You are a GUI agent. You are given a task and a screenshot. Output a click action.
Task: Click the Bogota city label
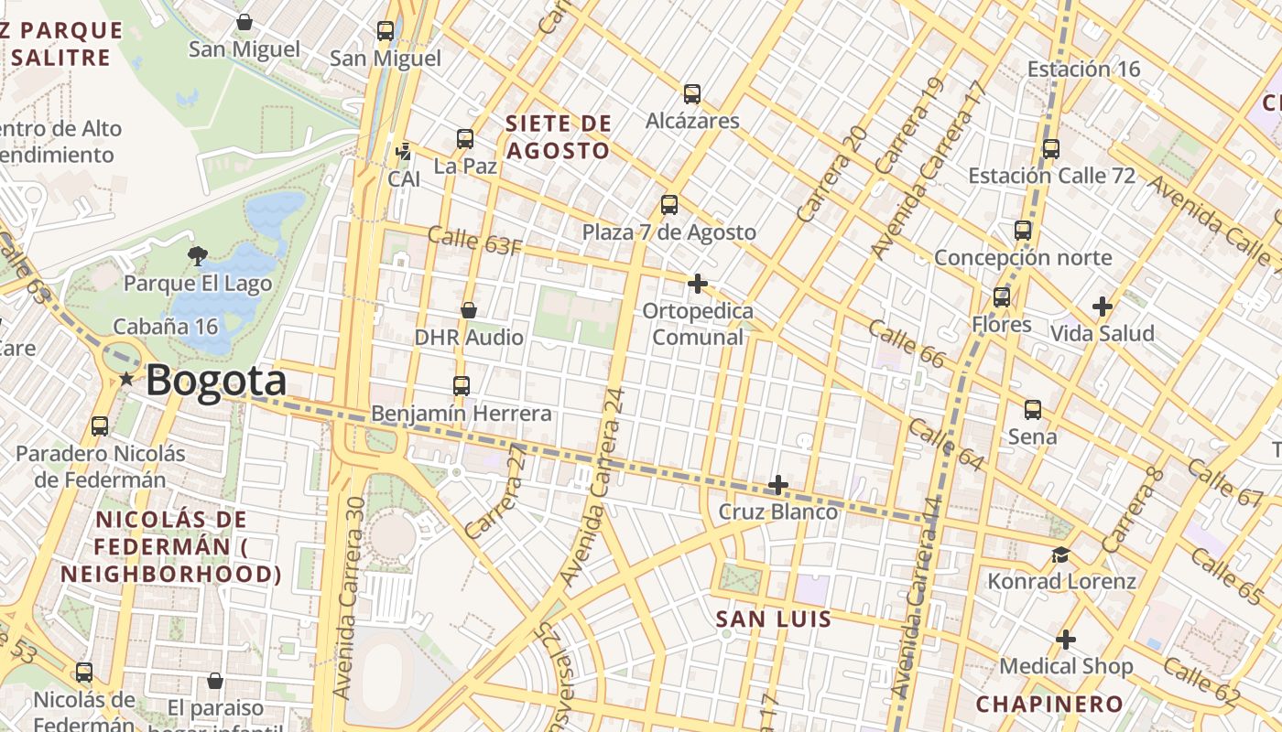(x=216, y=381)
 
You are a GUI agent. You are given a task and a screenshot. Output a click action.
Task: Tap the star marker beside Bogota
(x=125, y=379)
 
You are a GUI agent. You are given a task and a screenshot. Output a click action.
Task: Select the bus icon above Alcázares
(x=692, y=93)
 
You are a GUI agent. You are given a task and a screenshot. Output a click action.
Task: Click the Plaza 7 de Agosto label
(x=669, y=232)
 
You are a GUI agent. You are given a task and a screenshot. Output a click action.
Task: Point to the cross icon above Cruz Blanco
(x=778, y=484)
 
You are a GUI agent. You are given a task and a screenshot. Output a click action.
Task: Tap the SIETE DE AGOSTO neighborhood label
(x=558, y=136)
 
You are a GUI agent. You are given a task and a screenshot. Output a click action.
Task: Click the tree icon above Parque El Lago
(x=197, y=255)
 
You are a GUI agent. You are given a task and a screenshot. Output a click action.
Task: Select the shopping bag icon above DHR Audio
(x=469, y=310)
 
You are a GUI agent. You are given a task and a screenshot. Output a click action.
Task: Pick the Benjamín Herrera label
(x=462, y=414)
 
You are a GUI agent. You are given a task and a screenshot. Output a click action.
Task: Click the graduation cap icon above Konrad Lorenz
(x=1061, y=554)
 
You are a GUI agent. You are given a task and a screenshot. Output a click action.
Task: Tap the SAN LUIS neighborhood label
(x=774, y=619)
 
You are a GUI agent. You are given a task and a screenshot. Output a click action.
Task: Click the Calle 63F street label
(x=475, y=242)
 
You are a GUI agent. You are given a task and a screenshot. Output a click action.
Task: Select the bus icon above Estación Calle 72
(x=1051, y=148)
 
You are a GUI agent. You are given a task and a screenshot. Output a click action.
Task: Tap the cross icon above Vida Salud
(x=1103, y=307)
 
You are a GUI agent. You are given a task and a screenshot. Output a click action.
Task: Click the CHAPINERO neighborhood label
(x=1049, y=704)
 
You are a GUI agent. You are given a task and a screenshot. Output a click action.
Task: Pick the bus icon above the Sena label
(x=1033, y=410)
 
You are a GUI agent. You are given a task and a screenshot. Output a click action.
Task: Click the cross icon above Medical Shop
(x=1066, y=640)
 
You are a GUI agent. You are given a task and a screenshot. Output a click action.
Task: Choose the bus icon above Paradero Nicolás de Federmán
(x=100, y=426)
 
